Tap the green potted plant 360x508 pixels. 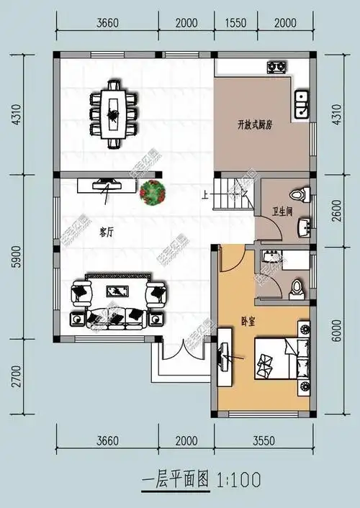(153, 191)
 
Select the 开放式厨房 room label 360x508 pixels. (255, 124)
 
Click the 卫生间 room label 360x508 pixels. (282, 212)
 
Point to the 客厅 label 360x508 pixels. (107, 232)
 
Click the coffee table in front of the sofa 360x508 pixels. (115, 291)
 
